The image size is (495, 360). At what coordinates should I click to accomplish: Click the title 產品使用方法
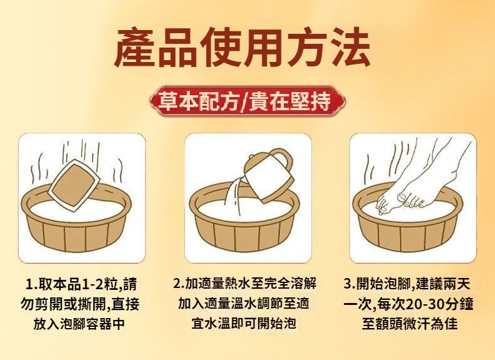[242, 47]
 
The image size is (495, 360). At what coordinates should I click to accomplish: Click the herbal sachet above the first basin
[74, 185]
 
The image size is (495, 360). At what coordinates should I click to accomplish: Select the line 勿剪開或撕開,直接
[80, 304]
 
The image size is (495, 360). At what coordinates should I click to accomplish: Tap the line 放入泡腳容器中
[79, 324]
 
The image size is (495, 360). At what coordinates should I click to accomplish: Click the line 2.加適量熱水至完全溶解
[244, 284]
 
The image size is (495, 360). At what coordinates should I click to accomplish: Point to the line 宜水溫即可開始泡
[244, 323]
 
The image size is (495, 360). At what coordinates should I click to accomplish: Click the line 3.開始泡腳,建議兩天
[407, 284]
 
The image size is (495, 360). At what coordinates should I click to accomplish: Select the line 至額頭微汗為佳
[409, 324]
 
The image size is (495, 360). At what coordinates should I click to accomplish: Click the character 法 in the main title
[350, 47]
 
